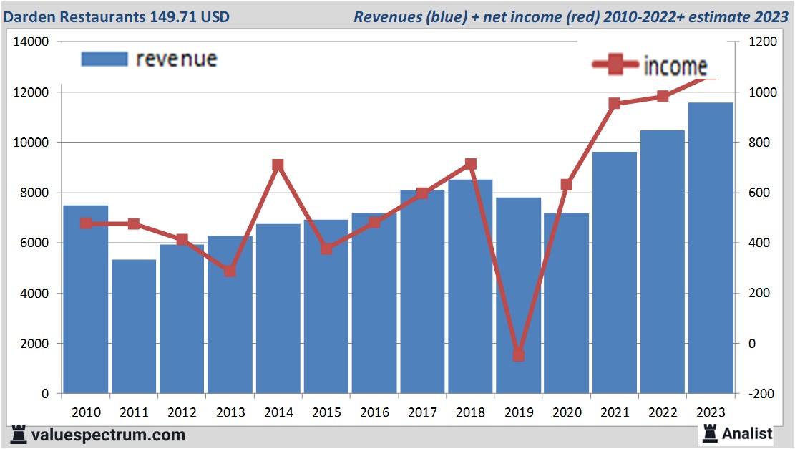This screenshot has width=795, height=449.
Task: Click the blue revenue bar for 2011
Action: click(x=134, y=326)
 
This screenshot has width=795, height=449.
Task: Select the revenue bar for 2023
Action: click(x=711, y=247)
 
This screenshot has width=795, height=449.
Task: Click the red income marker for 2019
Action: click(x=518, y=355)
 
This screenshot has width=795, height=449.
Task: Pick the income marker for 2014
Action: click(x=278, y=165)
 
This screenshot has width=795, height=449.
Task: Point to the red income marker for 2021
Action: click(x=614, y=104)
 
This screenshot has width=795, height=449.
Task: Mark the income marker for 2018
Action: click(x=470, y=164)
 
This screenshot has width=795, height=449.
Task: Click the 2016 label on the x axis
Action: click(x=374, y=412)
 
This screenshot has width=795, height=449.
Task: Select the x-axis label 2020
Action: click(x=566, y=412)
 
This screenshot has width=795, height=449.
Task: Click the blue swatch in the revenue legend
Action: click(x=104, y=59)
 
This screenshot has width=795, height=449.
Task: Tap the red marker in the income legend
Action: click(x=615, y=66)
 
